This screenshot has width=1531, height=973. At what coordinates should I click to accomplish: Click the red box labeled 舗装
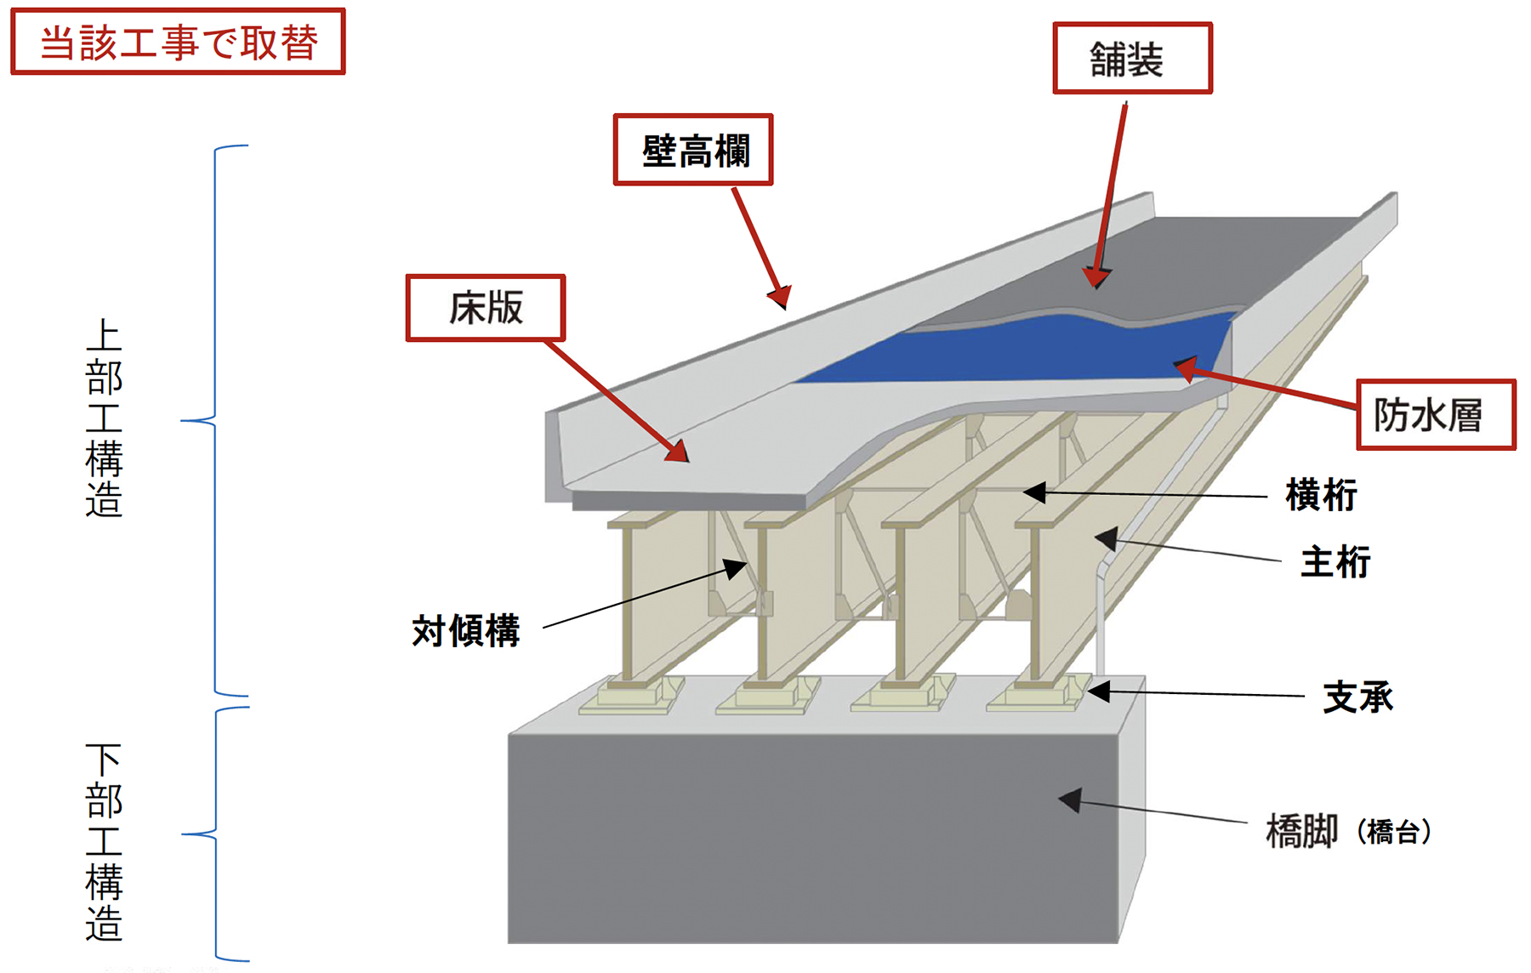point(1131,58)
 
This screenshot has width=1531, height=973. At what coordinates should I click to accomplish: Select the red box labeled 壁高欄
point(693,150)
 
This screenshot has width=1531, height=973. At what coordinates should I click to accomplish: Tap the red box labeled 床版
point(486,307)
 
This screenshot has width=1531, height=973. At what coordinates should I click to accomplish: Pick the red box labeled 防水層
point(1435,414)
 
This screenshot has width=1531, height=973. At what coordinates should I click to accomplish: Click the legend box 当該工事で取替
point(178,42)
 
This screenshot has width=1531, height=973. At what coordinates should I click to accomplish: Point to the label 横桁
point(1321,495)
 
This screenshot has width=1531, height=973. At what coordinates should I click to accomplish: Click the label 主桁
point(1335,562)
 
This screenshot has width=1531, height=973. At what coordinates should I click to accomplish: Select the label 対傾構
point(465,631)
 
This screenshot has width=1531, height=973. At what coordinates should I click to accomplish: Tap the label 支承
point(1357,697)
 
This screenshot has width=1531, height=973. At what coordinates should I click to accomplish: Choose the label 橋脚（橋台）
point(1348,831)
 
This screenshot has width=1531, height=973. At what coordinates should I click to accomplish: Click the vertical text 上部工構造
point(104,418)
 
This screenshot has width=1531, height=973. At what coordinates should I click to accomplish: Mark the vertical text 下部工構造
point(104,841)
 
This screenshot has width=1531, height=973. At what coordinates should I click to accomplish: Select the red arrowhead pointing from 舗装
point(1096,278)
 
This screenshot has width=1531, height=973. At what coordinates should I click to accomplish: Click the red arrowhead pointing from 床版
point(678,452)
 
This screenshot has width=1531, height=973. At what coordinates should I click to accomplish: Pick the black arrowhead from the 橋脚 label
point(1070,799)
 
